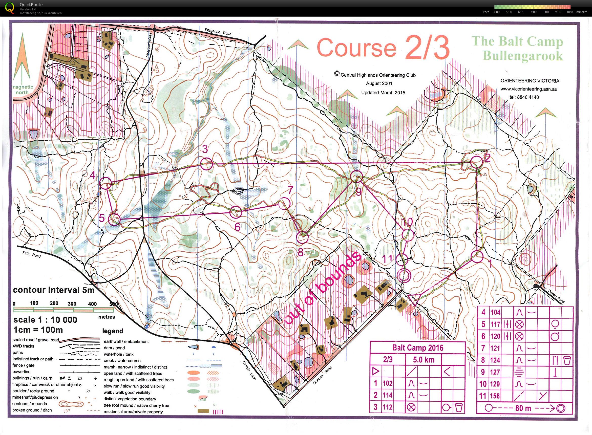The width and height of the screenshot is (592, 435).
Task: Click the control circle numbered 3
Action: click(206, 164)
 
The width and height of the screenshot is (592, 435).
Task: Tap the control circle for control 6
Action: click(236, 212)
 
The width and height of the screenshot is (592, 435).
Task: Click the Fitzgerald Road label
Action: click(218, 32)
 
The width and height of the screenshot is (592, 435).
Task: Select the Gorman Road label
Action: click(323, 375)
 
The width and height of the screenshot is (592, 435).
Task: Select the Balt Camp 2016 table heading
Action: click(418, 347)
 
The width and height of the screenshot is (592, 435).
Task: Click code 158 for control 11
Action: click(495, 396)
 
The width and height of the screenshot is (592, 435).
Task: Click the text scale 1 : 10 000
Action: click(45, 320)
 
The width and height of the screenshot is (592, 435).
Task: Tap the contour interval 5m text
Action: click(53, 290)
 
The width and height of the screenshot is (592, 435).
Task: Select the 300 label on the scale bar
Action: click(72, 303)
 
